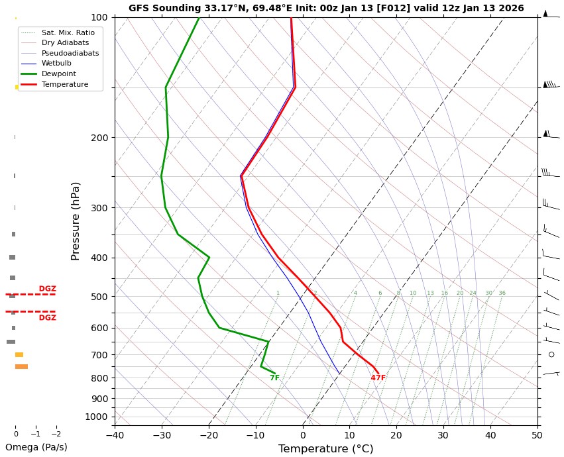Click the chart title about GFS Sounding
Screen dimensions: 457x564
click(x=326, y=9)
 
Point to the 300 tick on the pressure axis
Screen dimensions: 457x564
click(x=99, y=208)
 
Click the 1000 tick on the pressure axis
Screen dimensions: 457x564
click(x=97, y=417)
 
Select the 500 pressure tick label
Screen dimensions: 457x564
click(x=99, y=297)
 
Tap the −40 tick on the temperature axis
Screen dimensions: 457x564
click(x=115, y=435)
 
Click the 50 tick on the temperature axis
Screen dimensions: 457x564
click(x=537, y=435)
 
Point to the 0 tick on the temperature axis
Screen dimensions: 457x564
click(x=303, y=435)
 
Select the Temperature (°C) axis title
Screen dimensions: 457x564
click(x=325, y=449)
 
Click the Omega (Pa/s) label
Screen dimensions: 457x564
click(x=36, y=447)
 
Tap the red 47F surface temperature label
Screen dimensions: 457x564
click(x=378, y=378)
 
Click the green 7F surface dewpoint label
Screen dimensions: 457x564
click(x=274, y=378)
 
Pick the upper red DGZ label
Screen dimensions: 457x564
click(x=47, y=289)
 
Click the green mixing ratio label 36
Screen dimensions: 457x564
click(x=502, y=293)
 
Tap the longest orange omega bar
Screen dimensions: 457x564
click(x=21, y=366)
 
